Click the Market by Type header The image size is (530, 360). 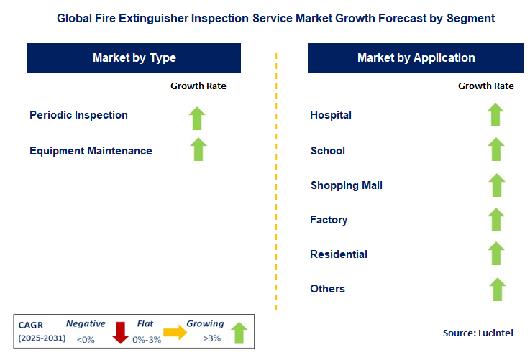[x=134, y=58]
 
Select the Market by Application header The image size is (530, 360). [x=416, y=58]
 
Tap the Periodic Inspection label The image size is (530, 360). [x=79, y=115]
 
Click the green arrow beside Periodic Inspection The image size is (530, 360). [x=198, y=118]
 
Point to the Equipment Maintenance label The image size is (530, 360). [x=91, y=151]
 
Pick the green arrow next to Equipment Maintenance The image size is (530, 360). [x=198, y=149]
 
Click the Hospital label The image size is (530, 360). [x=331, y=115]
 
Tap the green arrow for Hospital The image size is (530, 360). [x=495, y=115]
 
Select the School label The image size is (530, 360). [x=328, y=151]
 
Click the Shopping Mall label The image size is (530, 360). [x=347, y=185]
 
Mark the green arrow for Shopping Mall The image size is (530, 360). [x=495, y=185]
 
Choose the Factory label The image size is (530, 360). [x=329, y=220]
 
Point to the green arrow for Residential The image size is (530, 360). [x=495, y=254]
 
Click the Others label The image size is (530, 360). [x=328, y=289]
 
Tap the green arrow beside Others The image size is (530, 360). [x=495, y=289]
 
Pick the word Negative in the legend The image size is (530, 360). [x=86, y=324]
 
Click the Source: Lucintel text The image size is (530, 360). [x=477, y=333]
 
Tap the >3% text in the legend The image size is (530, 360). [x=213, y=338]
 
